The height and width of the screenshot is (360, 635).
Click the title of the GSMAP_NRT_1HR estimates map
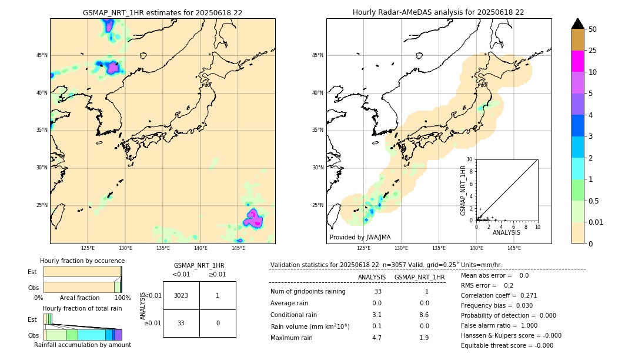coord(162,12)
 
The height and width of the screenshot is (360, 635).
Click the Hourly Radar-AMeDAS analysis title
coord(438,12)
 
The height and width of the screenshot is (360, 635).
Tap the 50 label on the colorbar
coord(593,29)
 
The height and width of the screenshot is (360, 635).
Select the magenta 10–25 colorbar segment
coord(578,62)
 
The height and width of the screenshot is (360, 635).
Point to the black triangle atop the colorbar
coord(578,24)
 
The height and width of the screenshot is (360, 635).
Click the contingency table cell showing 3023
coord(181,295)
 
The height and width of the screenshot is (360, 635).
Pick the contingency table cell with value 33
coord(181,323)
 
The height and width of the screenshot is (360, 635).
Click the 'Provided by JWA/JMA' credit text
coord(360,238)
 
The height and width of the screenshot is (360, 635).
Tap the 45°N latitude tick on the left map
coord(42,55)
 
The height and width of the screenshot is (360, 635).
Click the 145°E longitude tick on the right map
coord(514,248)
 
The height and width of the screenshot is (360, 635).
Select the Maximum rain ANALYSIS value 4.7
coord(376,338)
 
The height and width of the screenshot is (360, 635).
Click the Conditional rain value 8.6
coord(424,315)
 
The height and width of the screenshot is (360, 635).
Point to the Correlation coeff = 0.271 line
coord(499,295)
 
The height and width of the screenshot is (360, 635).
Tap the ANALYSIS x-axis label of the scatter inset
coord(506,232)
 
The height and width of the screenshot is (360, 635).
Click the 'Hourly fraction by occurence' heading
coord(82,261)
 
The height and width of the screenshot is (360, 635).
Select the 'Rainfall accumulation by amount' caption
coord(82,345)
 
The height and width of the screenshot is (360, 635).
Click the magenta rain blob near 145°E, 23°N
coord(253,218)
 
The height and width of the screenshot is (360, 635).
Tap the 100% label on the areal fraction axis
coord(122,298)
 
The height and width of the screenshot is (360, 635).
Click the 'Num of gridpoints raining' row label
coord(308,292)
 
